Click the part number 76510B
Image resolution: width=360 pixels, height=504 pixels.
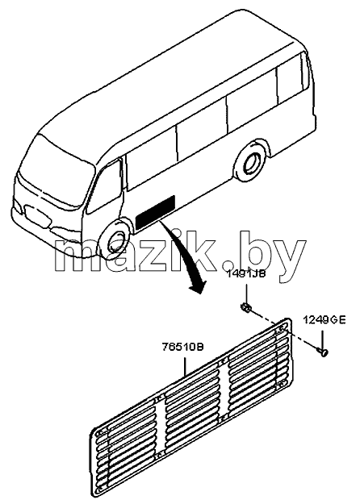click(x=182, y=348)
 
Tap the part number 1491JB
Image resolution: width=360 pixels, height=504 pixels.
click(x=246, y=274)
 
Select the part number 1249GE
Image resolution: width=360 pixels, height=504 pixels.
click(x=324, y=320)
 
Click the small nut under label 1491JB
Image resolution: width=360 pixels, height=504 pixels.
click(x=246, y=308)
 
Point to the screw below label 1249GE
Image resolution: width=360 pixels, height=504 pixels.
click(x=323, y=352)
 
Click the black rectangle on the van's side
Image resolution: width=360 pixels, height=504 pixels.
click(x=156, y=211)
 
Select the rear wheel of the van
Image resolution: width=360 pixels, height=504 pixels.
click(x=251, y=163)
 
